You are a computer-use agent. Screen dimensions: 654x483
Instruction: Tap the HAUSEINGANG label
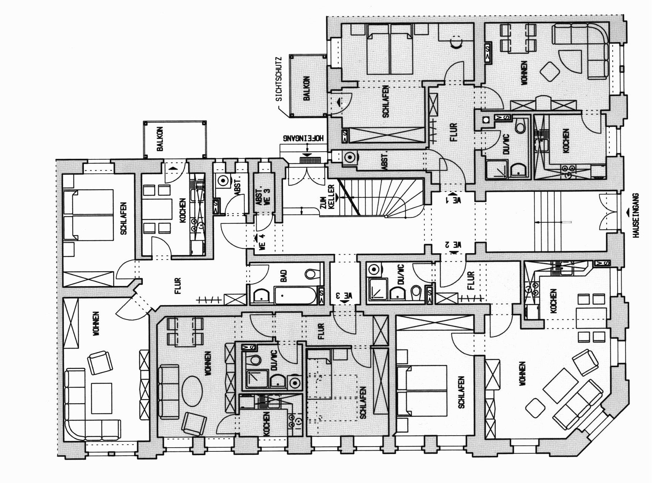click(636, 215)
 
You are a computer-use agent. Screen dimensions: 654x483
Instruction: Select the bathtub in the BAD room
click(295, 296)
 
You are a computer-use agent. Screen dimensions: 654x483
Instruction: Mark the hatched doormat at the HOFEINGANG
click(310, 159)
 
